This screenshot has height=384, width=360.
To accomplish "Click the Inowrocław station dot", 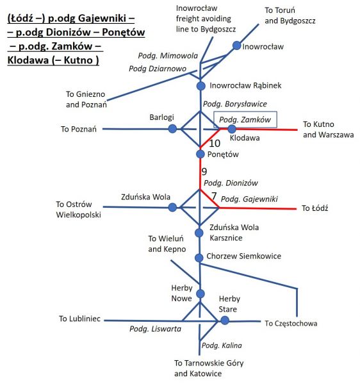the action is tap(236, 46).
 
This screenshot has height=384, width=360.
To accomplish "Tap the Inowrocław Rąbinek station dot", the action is tap(201, 86).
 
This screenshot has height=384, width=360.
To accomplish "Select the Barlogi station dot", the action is tap(172, 129).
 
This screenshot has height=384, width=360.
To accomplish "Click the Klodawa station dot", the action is tap(232, 129).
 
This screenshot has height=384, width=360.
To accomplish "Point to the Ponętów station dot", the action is tap(200, 154).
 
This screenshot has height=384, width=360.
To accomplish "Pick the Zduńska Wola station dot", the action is tap(172, 207).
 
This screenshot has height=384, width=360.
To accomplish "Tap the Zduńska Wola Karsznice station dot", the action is tap(199, 233).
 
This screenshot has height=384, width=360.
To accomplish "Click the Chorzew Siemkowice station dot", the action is tap(199, 258).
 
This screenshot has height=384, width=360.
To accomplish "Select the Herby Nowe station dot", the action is tap(200, 294).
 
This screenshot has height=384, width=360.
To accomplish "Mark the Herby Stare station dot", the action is tap(225, 321).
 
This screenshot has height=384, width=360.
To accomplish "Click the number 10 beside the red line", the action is tap(215, 143).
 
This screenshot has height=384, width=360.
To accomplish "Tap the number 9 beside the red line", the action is tap(204, 171).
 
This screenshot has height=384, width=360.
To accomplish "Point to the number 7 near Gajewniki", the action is tap(214, 196).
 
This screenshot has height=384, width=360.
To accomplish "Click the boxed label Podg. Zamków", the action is tap(245, 120).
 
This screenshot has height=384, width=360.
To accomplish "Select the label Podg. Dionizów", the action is tap(231, 183).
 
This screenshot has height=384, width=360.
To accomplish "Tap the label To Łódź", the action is tap(315, 208).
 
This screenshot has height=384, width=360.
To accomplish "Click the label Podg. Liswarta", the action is tap(156, 329).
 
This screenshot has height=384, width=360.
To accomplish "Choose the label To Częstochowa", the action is tap(291, 324).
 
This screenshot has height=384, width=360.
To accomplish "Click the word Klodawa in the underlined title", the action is tap(28, 60).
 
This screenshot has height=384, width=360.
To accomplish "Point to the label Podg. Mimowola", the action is tap(168, 56).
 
